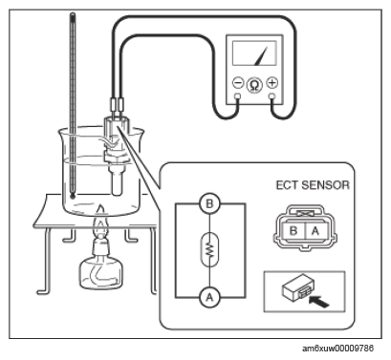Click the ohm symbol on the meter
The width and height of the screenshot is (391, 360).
(x=254, y=85)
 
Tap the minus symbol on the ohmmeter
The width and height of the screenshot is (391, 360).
(x=238, y=83)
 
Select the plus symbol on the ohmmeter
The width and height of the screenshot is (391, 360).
(x=272, y=83)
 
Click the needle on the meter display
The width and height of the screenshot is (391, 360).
(x=261, y=55)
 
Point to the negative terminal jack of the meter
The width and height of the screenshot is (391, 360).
(x=237, y=95)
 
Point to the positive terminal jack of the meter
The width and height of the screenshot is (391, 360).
(x=272, y=95)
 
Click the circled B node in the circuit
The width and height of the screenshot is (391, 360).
(x=209, y=203)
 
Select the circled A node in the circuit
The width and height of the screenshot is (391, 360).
(x=209, y=297)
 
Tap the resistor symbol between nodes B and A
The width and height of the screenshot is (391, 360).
(x=209, y=250)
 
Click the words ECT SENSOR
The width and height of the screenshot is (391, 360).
(x=313, y=185)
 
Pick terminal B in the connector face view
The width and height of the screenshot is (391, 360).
(x=293, y=230)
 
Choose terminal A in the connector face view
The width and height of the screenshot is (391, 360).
(x=315, y=230)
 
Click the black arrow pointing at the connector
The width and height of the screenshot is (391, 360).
(x=319, y=301)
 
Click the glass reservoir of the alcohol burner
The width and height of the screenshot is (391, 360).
(x=100, y=273)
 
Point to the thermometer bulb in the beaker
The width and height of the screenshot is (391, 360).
(x=73, y=196)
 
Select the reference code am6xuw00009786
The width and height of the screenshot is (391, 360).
(x=337, y=349)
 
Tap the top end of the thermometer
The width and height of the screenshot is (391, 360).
(x=73, y=14)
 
